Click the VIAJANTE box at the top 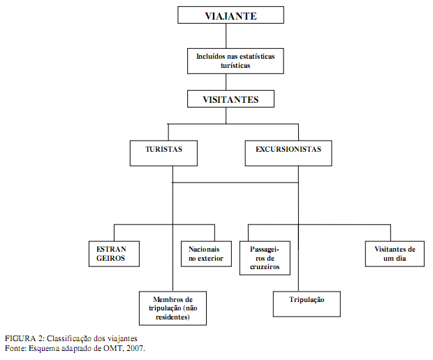click(x=230, y=15)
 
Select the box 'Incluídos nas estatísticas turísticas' click(x=235, y=61)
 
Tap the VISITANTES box click(x=230, y=99)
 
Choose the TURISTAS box click(x=163, y=153)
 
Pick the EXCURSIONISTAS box click(x=288, y=153)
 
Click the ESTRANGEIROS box click(x=114, y=254)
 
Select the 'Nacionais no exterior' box click(x=206, y=254)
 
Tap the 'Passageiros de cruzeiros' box click(x=265, y=258)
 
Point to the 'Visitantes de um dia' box click(x=395, y=254)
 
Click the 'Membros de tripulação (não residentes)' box click(x=173, y=308)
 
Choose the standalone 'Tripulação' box click(x=307, y=304)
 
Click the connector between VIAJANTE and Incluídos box click(x=226, y=36)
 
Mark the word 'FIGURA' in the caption click(x=20, y=338)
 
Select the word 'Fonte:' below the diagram click(x=16, y=348)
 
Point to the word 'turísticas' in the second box click(x=235, y=66)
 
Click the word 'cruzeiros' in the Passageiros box click(x=265, y=267)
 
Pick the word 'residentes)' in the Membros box click(x=173, y=317)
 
